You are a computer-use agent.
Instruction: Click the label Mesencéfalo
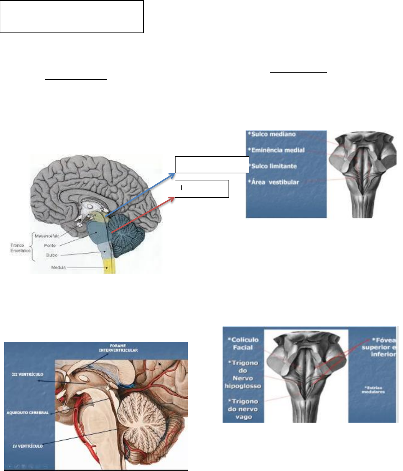click(x=47, y=236)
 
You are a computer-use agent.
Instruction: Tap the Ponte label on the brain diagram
click(x=50, y=245)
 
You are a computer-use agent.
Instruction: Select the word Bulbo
click(x=52, y=255)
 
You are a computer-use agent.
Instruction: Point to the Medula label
click(x=58, y=268)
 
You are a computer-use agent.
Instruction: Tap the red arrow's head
click(x=173, y=198)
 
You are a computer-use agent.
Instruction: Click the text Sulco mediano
click(x=272, y=134)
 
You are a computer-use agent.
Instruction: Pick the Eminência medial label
click(x=277, y=150)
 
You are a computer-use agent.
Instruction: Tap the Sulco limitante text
click(x=273, y=166)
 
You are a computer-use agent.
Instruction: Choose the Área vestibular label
click(x=274, y=182)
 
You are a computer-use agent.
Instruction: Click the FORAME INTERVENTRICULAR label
click(x=118, y=348)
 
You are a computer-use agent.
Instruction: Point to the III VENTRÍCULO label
click(x=28, y=374)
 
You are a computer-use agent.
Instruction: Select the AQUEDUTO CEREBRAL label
click(x=28, y=413)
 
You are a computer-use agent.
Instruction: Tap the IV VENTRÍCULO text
click(x=28, y=446)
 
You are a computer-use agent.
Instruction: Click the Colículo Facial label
click(x=244, y=344)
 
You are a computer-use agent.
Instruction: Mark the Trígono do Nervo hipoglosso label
click(x=243, y=374)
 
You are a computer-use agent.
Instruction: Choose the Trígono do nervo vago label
click(x=243, y=409)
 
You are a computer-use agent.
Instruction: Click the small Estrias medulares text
click(x=374, y=389)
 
